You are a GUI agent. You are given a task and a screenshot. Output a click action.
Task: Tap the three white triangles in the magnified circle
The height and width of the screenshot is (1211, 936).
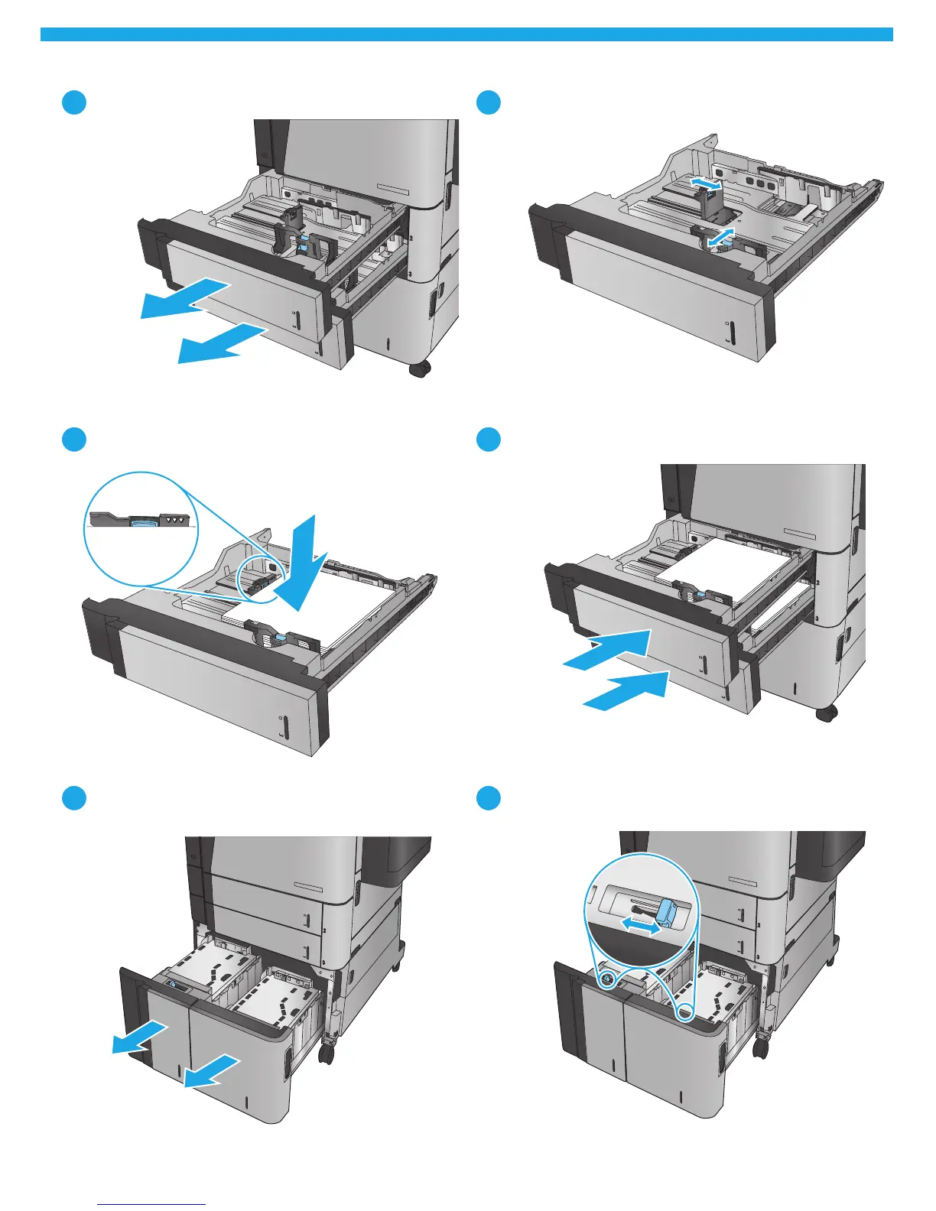coord(177,519)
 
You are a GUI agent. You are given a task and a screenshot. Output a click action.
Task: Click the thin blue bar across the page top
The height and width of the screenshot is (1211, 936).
coord(466,34)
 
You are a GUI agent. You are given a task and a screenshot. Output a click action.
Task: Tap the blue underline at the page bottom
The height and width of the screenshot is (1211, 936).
coord(152,1204)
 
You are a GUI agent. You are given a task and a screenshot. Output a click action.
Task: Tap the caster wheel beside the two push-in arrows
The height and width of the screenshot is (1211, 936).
coord(826,714)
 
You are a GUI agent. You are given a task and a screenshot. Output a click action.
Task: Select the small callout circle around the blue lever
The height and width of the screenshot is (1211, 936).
coord(606,979)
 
